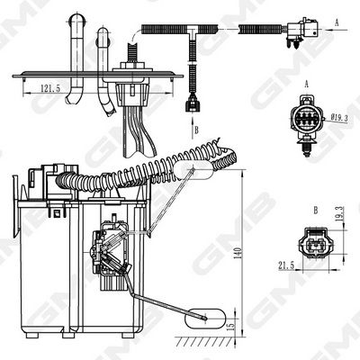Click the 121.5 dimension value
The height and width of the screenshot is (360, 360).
(x=50, y=88)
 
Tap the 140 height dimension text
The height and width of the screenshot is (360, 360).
(x=238, y=254)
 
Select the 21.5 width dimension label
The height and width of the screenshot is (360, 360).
(x=286, y=265)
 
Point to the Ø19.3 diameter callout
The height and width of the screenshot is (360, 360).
(x=339, y=118)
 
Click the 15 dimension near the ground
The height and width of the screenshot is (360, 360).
(x=231, y=325)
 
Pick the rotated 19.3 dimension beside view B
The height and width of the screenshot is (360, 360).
(x=340, y=214)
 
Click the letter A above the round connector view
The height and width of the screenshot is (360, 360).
(x=307, y=85)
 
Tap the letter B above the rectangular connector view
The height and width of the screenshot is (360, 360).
(x=316, y=211)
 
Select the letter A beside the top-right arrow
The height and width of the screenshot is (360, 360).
(x=337, y=22)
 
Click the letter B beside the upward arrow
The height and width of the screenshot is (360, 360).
(x=196, y=130)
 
